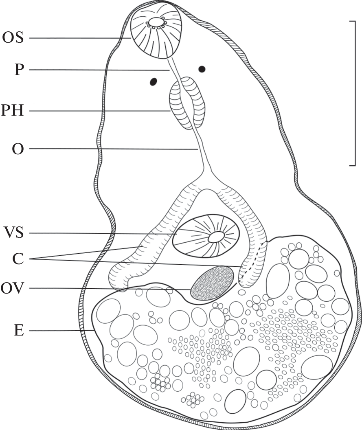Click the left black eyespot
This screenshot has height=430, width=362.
154,82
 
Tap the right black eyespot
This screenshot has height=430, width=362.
202,69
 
